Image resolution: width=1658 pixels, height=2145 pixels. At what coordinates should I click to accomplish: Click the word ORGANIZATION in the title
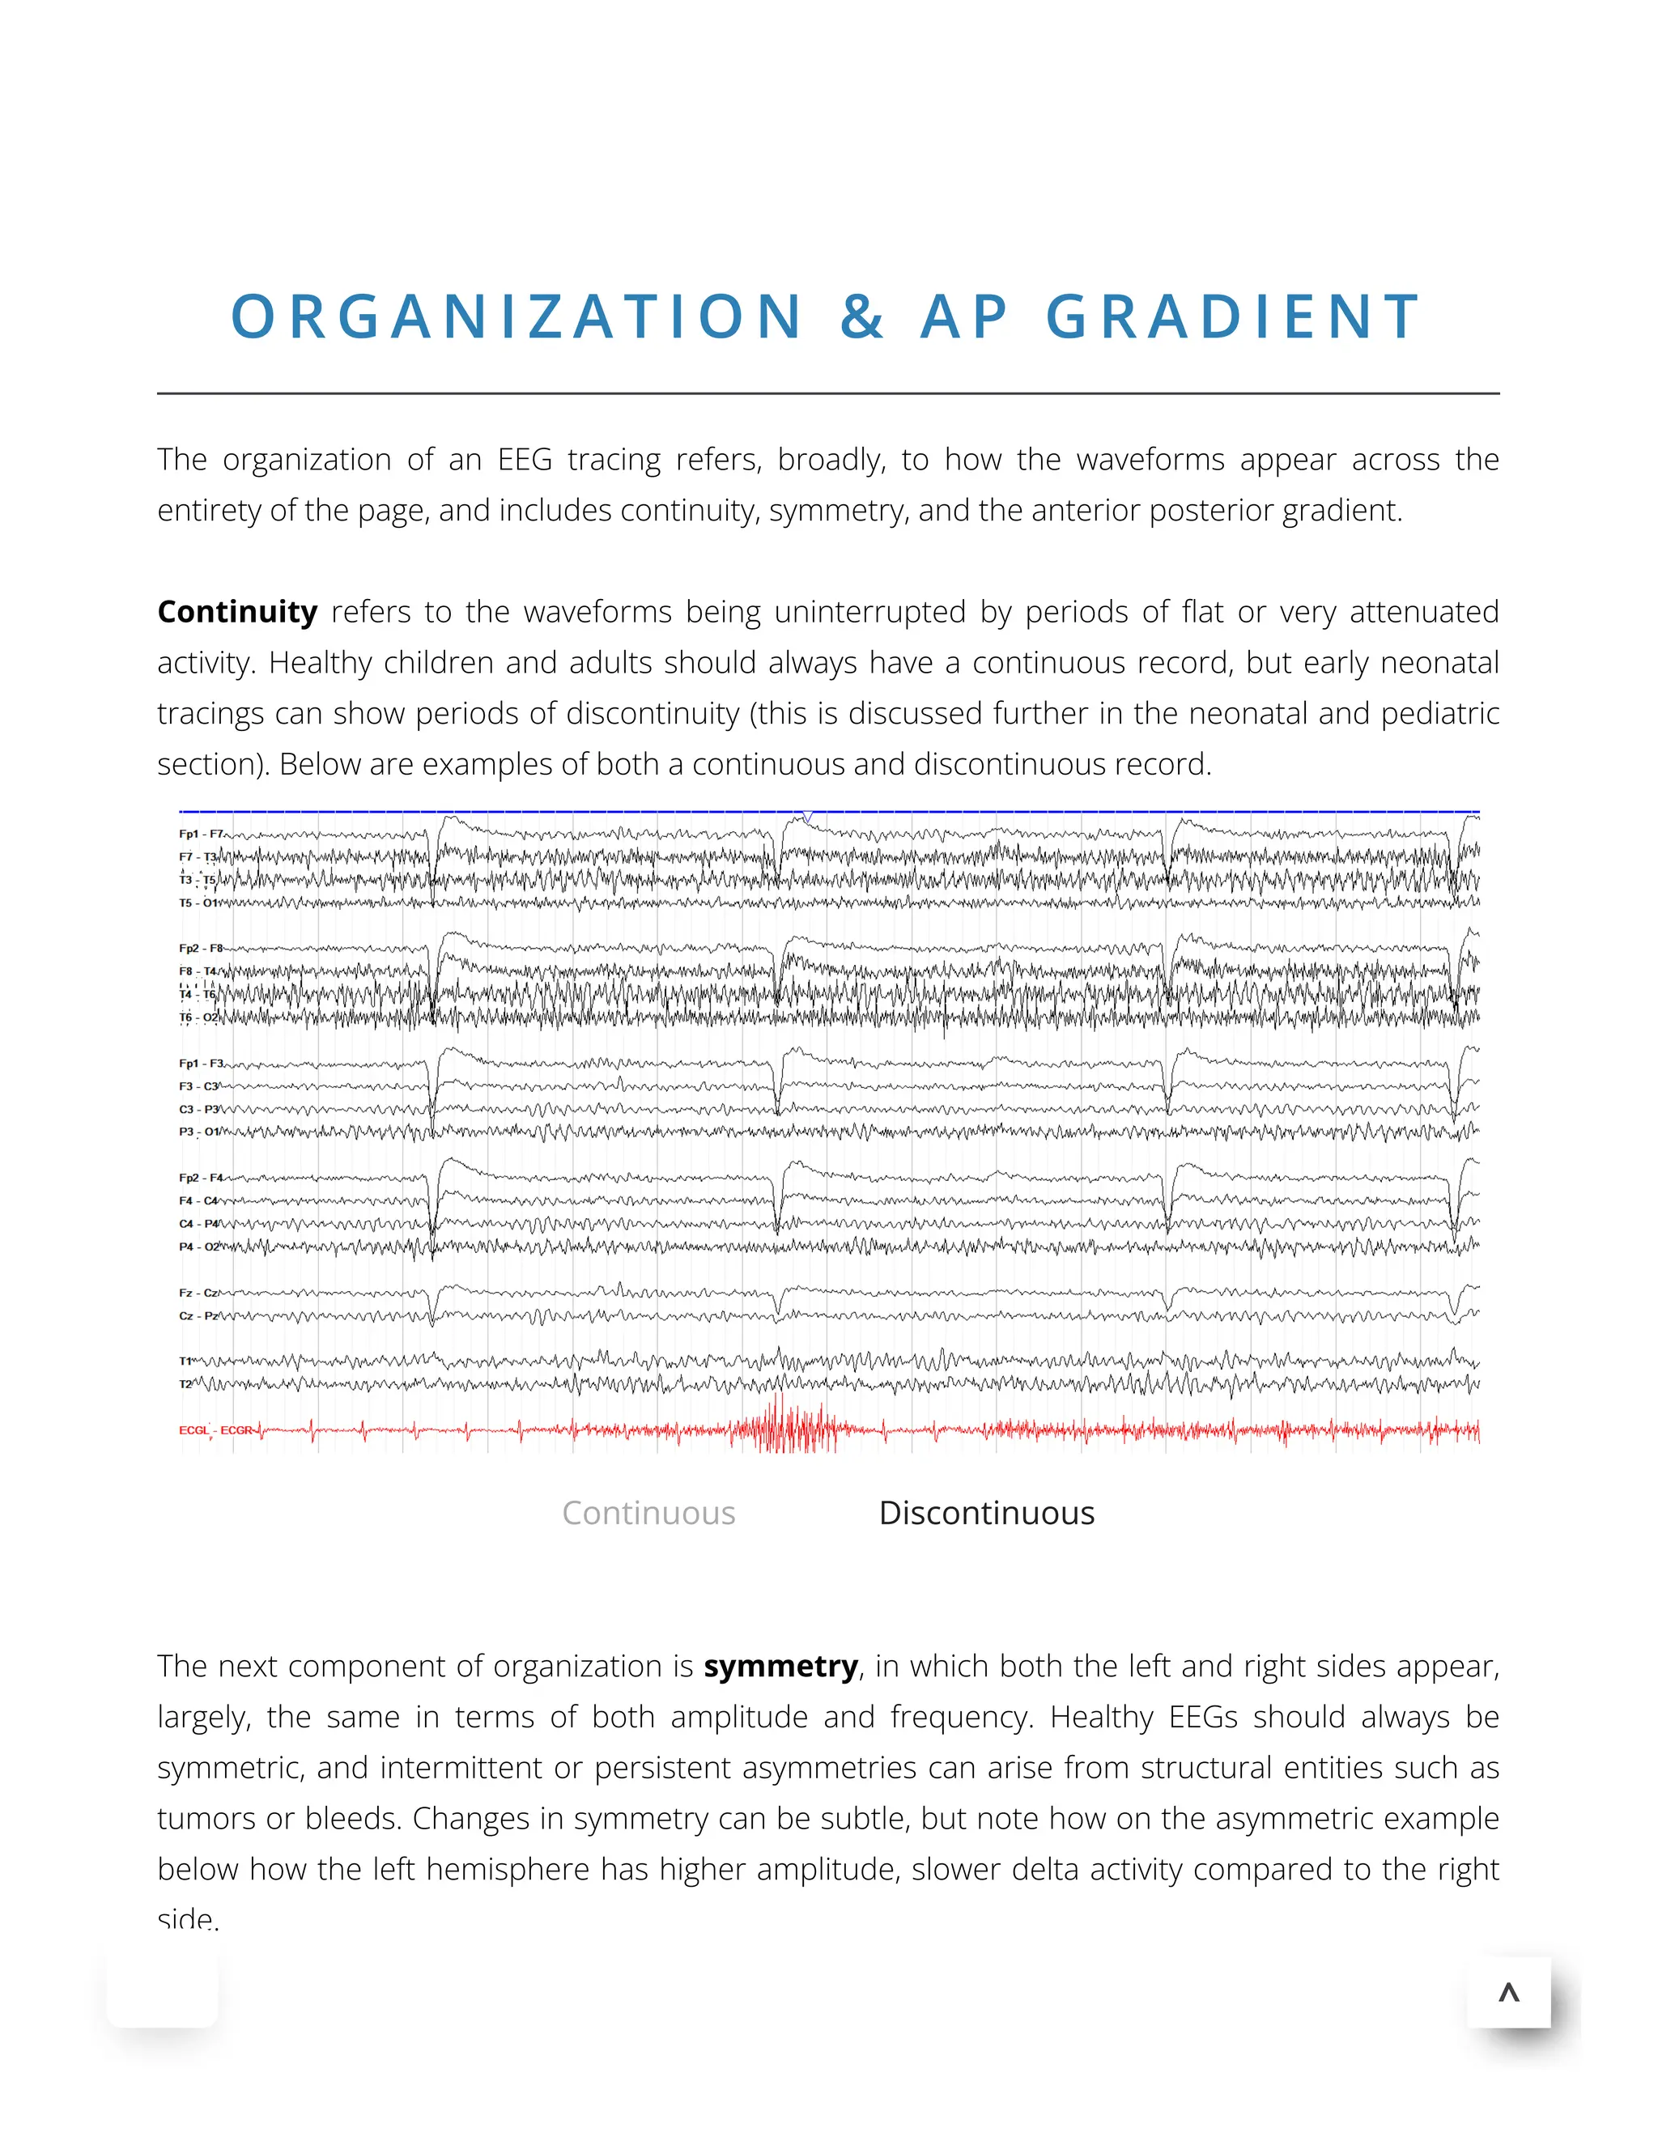[x=517, y=317]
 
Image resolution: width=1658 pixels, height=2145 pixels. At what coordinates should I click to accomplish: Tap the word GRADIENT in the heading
[x=1233, y=317]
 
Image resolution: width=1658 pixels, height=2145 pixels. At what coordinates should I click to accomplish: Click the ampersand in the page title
[x=861, y=317]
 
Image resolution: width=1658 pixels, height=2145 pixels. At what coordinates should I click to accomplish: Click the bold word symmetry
[x=781, y=1666]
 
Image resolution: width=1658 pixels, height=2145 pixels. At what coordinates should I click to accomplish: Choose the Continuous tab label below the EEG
[x=648, y=1513]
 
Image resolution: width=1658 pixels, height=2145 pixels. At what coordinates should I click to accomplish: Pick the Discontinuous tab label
[x=986, y=1513]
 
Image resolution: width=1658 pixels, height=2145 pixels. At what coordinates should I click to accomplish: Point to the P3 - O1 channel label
[x=199, y=1132]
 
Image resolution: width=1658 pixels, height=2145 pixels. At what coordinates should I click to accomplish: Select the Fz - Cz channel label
[x=198, y=1293]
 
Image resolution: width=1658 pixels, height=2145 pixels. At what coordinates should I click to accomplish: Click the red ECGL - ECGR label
[x=215, y=1430]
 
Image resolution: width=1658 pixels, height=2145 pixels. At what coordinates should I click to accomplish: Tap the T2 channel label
[x=185, y=1384]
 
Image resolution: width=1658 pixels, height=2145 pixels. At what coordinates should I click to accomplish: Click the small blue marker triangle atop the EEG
[x=807, y=816]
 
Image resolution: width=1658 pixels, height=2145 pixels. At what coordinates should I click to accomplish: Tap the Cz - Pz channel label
[x=198, y=1315]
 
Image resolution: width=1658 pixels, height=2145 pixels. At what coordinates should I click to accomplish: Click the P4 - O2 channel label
[x=199, y=1247]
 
